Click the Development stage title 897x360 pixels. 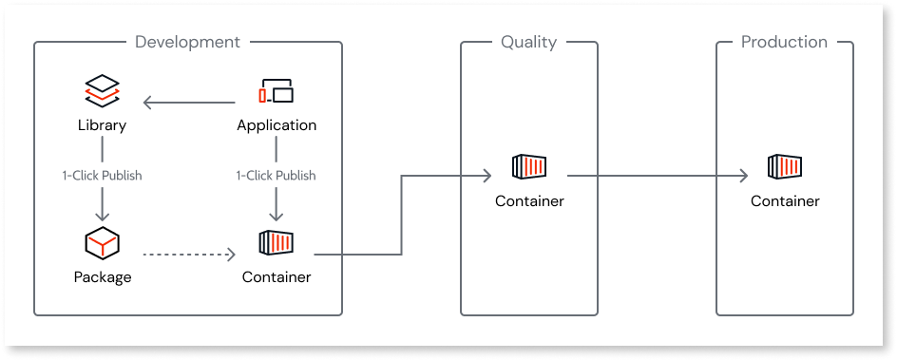187,42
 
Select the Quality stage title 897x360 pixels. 528,42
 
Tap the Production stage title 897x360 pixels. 784,42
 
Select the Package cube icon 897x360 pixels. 102,245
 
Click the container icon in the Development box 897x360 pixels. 276,244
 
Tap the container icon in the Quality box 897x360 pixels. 529,168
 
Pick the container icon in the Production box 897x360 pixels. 785,168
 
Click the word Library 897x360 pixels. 102,125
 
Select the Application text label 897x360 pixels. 277,125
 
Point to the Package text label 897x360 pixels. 102,277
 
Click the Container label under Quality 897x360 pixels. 529,200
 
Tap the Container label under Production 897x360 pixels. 785,200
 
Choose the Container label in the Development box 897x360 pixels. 277,277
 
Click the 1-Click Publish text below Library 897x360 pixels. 102,176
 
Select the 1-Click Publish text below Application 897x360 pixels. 277,176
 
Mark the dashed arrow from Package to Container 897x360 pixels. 187,254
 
